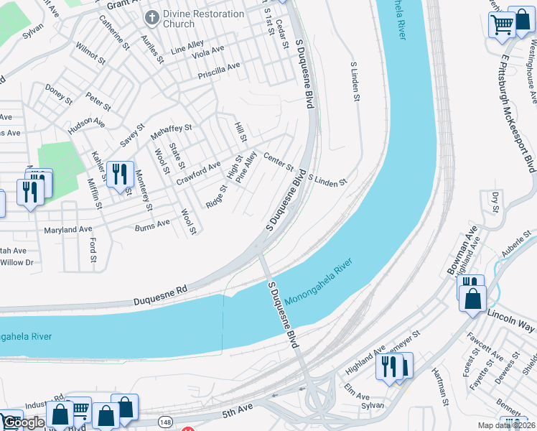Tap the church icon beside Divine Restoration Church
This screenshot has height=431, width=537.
[151, 16]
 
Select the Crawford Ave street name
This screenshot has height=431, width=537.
[199, 172]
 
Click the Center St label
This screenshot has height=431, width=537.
[279, 162]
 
